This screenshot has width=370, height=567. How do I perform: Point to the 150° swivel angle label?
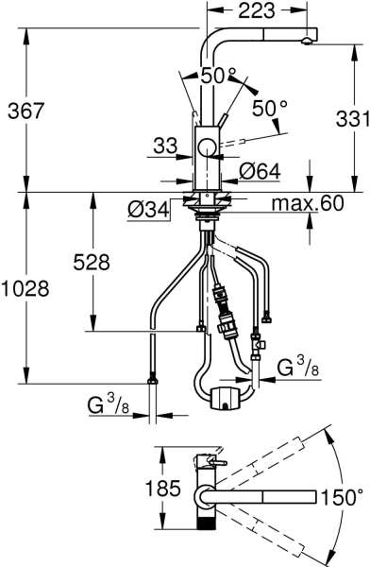pyautogui.click(x=341, y=495)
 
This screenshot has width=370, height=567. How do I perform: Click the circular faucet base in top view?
pyautogui.click(x=207, y=495)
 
